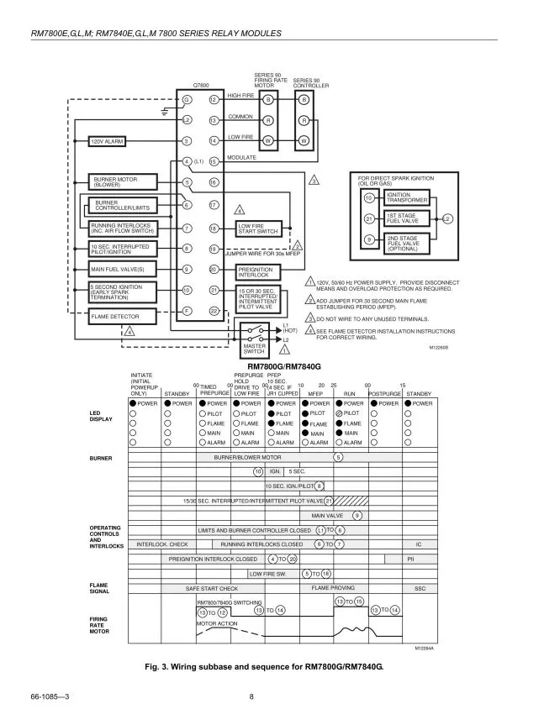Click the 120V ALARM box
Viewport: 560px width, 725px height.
coord(106,141)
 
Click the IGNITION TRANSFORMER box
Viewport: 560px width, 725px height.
coord(407,198)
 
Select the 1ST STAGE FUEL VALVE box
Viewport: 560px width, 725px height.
coord(407,218)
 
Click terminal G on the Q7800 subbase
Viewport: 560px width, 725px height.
coord(188,100)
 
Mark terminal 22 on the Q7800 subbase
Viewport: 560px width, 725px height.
coord(214,312)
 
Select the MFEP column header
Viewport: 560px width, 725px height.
coord(316,392)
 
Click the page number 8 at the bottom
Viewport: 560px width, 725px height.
coord(251,696)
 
